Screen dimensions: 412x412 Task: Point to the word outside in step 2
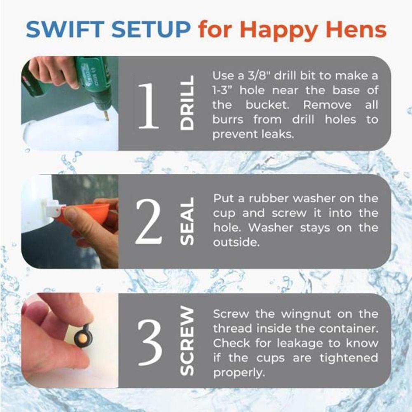236,243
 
